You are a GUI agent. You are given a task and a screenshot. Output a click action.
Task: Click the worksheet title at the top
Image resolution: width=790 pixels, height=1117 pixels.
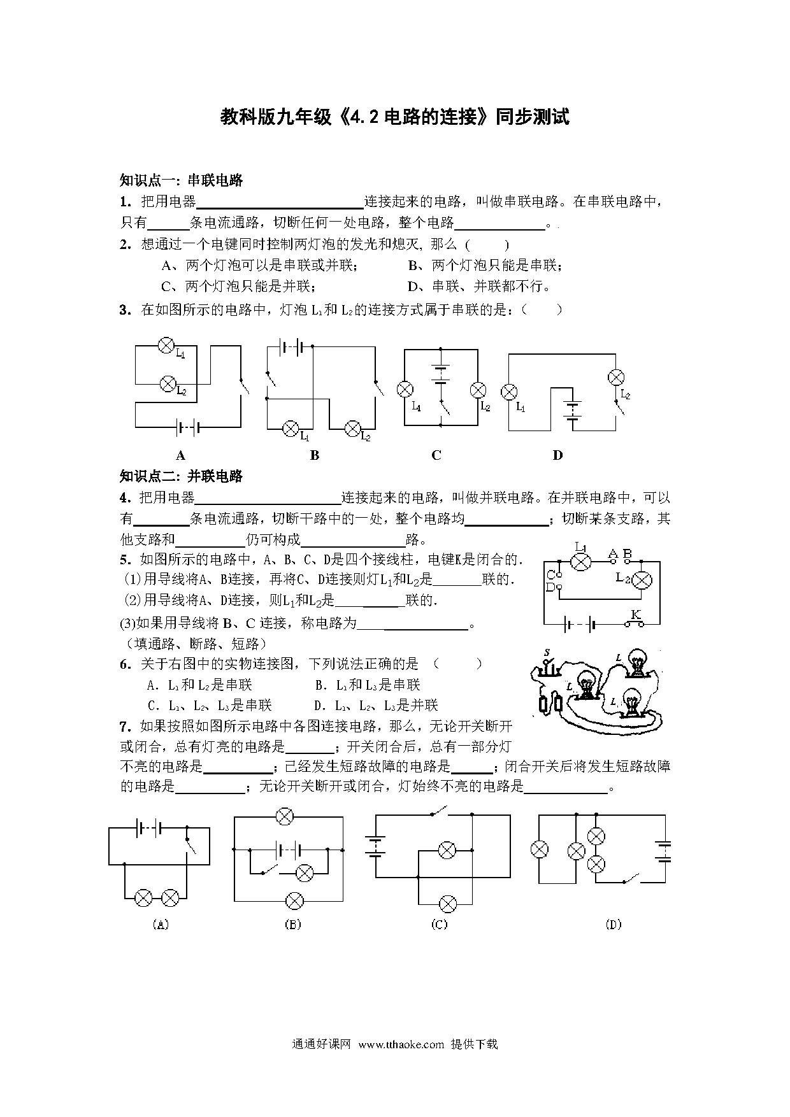[x=394, y=117]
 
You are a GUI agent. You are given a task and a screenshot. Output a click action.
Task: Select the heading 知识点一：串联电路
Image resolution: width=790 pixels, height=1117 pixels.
[x=182, y=180]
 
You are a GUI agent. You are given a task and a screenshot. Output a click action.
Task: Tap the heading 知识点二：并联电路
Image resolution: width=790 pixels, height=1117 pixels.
[x=182, y=476]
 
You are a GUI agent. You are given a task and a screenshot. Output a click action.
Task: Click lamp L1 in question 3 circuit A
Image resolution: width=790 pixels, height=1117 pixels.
[x=166, y=346]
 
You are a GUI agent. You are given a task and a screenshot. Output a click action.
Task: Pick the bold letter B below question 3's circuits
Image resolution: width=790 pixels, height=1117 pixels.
[x=314, y=455]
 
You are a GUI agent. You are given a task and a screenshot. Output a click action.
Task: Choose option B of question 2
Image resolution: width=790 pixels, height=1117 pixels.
[x=485, y=266]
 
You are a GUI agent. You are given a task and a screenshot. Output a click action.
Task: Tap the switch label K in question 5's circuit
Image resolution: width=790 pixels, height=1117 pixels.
[x=635, y=615]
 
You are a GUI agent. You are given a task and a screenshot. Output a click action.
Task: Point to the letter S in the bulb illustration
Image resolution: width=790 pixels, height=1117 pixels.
[x=547, y=653]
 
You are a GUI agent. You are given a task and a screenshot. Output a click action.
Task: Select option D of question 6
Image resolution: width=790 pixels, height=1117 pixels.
[x=377, y=706]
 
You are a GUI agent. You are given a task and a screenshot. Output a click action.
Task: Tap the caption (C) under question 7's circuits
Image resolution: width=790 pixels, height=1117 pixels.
[x=440, y=925]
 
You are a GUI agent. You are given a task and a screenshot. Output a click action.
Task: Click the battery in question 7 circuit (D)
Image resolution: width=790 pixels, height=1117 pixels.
[x=663, y=851]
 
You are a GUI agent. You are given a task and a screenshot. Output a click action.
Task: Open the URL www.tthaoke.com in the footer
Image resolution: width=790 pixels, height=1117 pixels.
[x=401, y=1044]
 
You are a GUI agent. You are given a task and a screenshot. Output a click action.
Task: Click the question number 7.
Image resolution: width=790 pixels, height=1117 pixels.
[x=125, y=727]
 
